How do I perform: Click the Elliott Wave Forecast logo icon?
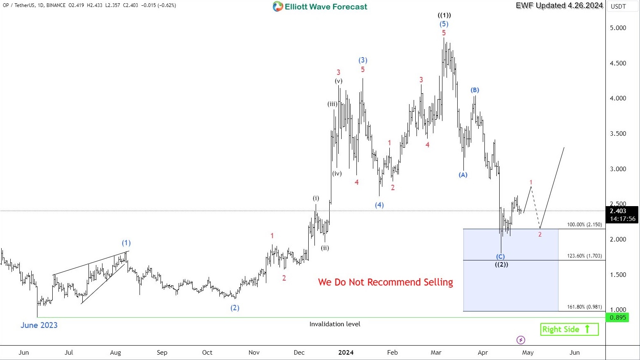(x=278, y=7)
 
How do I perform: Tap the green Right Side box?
(x=569, y=329)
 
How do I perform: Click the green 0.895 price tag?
(x=617, y=318)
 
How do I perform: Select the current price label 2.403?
(x=618, y=211)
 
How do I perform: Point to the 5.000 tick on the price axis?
(x=618, y=28)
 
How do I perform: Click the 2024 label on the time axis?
(x=346, y=353)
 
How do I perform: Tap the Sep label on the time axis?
(x=162, y=353)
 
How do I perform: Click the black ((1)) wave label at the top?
(x=444, y=15)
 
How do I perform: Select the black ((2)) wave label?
(x=501, y=265)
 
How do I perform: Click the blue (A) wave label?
(x=463, y=175)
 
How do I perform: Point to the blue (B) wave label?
(x=475, y=90)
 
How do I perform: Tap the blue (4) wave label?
(x=379, y=205)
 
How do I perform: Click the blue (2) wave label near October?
(x=235, y=308)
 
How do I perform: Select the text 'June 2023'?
(x=39, y=325)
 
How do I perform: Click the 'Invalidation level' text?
(x=335, y=324)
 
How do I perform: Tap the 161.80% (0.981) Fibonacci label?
(x=584, y=307)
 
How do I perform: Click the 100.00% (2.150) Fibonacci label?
(x=584, y=225)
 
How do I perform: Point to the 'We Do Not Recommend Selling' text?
(x=385, y=282)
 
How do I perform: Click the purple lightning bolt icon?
(x=521, y=340)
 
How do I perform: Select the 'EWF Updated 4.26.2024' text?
(x=559, y=5)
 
